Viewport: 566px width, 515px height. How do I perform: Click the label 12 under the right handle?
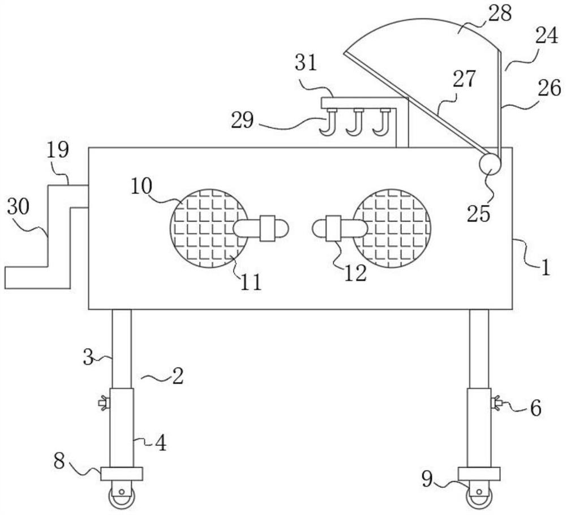click(x=355, y=273)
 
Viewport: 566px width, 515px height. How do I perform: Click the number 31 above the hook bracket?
click(x=306, y=63)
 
